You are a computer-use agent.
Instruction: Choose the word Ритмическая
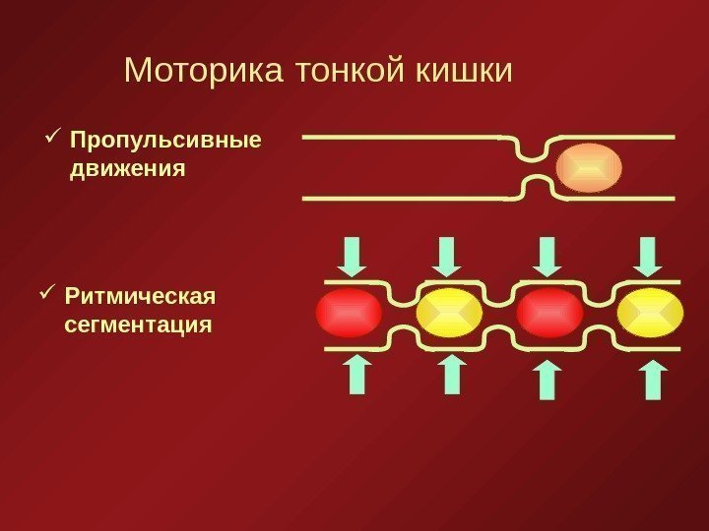tap(139, 295)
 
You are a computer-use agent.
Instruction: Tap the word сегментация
tap(138, 324)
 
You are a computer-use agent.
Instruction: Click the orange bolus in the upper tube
tap(588, 168)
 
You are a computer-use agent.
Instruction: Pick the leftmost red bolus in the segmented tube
tap(349, 313)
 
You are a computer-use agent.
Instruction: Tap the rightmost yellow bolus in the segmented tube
tap(650, 313)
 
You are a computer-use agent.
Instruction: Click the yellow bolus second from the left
tap(449, 313)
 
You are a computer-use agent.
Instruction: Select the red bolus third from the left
tap(549, 313)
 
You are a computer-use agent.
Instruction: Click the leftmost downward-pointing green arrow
tap(354, 257)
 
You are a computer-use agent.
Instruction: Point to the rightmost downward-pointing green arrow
tap(648, 257)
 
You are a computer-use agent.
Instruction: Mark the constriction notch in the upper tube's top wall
tap(532, 149)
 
